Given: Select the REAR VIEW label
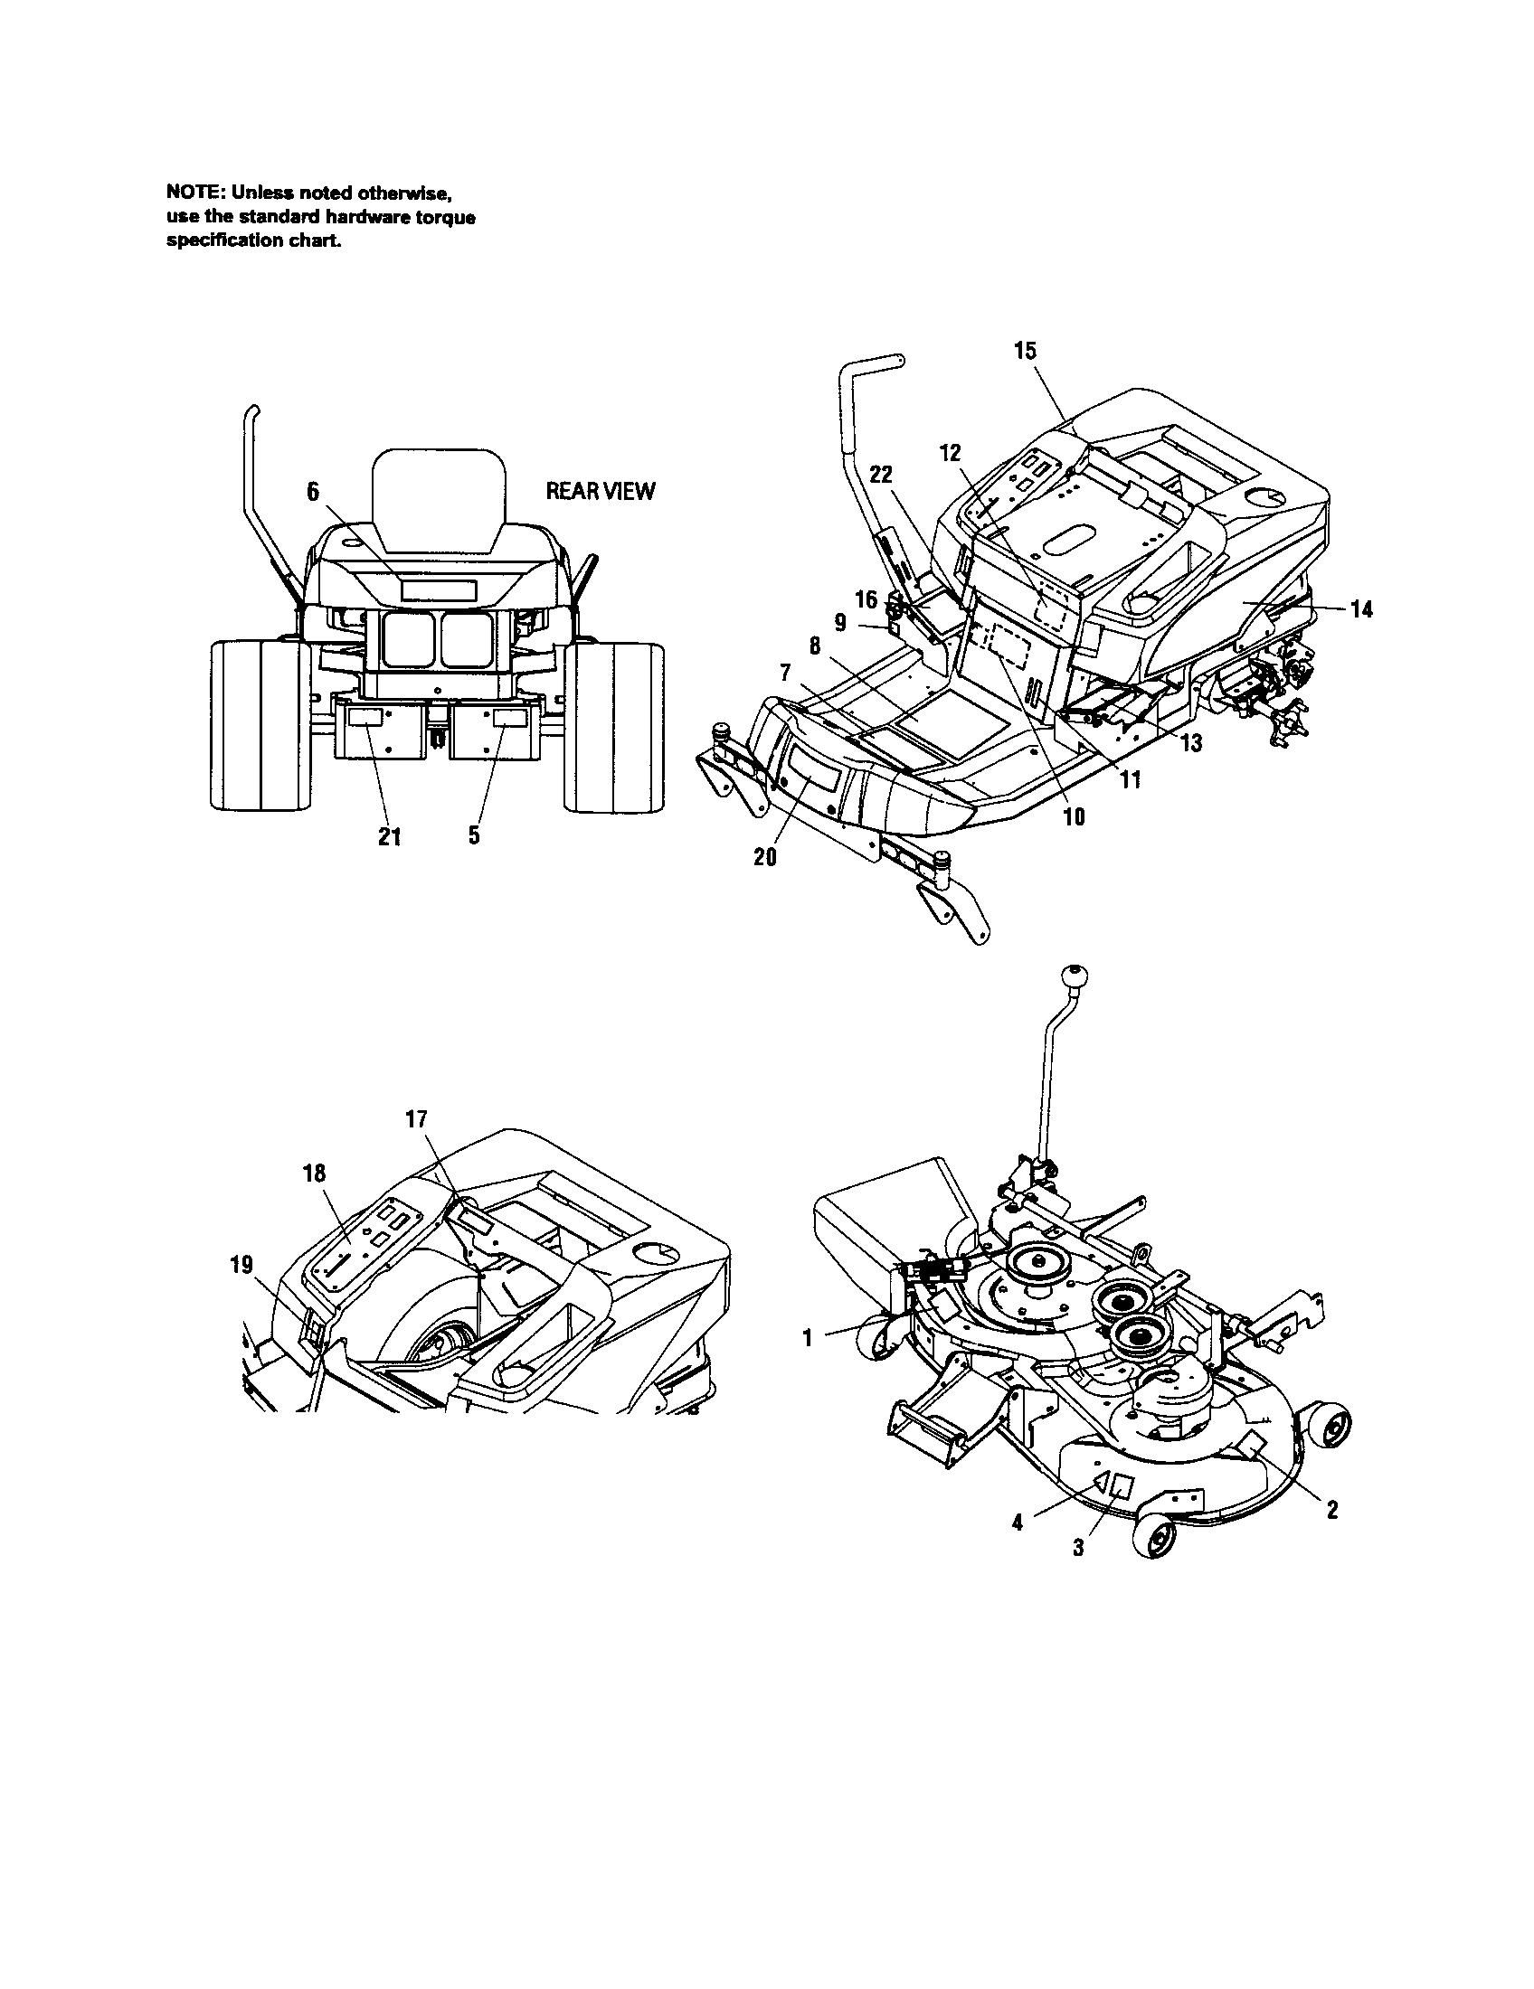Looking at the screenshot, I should [x=600, y=492].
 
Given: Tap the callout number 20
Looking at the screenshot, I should [x=765, y=857].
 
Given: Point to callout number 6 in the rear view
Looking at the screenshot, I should [x=312, y=492].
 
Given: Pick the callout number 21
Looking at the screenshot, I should [x=390, y=837].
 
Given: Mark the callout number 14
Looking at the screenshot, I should [x=1360, y=609].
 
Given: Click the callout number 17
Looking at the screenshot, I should [x=416, y=1119].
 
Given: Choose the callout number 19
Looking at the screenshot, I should [x=242, y=1265].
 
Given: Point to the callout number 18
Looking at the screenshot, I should [x=314, y=1174].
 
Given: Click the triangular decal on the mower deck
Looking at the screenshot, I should [x=1102, y=1484].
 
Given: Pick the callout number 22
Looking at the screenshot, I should [x=881, y=475].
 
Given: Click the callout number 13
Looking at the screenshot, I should [x=1190, y=743].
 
